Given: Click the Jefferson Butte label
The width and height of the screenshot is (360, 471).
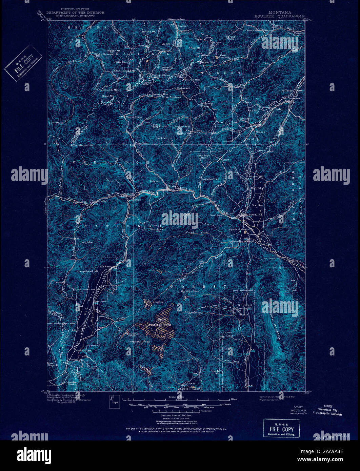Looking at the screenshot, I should tap(292, 91).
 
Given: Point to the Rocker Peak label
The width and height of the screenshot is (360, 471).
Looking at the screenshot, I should tap(183, 127).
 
